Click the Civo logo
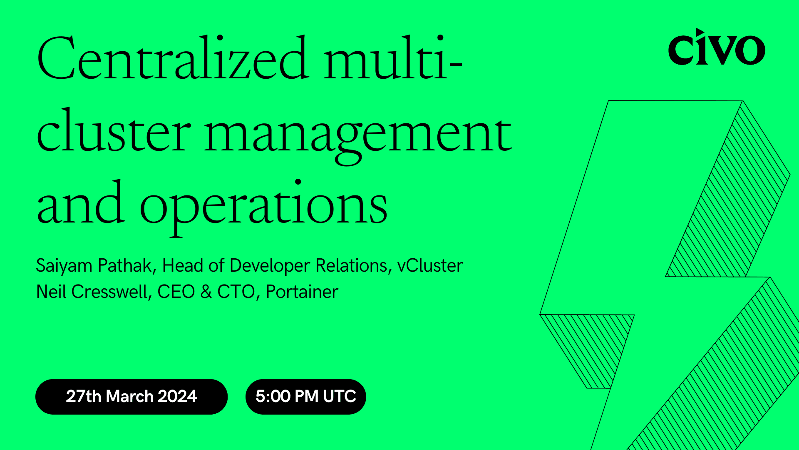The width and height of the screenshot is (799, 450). pyautogui.click(x=716, y=47)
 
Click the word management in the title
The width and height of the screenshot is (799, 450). pyautogui.click(x=358, y=133)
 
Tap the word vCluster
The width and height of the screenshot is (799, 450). pyautogui.click(x=430, y=266)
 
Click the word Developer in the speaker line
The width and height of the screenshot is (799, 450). pyautogui.click(x=270, y=266)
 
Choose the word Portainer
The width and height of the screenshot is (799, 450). pyautogui.click(x=302, y=292)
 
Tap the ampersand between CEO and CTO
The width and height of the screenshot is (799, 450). pyautogui.click(x=206, y=292)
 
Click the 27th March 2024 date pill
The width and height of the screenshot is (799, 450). pyautogui.click(x=132, y=396)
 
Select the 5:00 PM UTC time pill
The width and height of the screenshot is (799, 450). pyautogui.click(x=305, y=396)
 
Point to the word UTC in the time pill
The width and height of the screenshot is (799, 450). pyautogui.click(x=340, y=396)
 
